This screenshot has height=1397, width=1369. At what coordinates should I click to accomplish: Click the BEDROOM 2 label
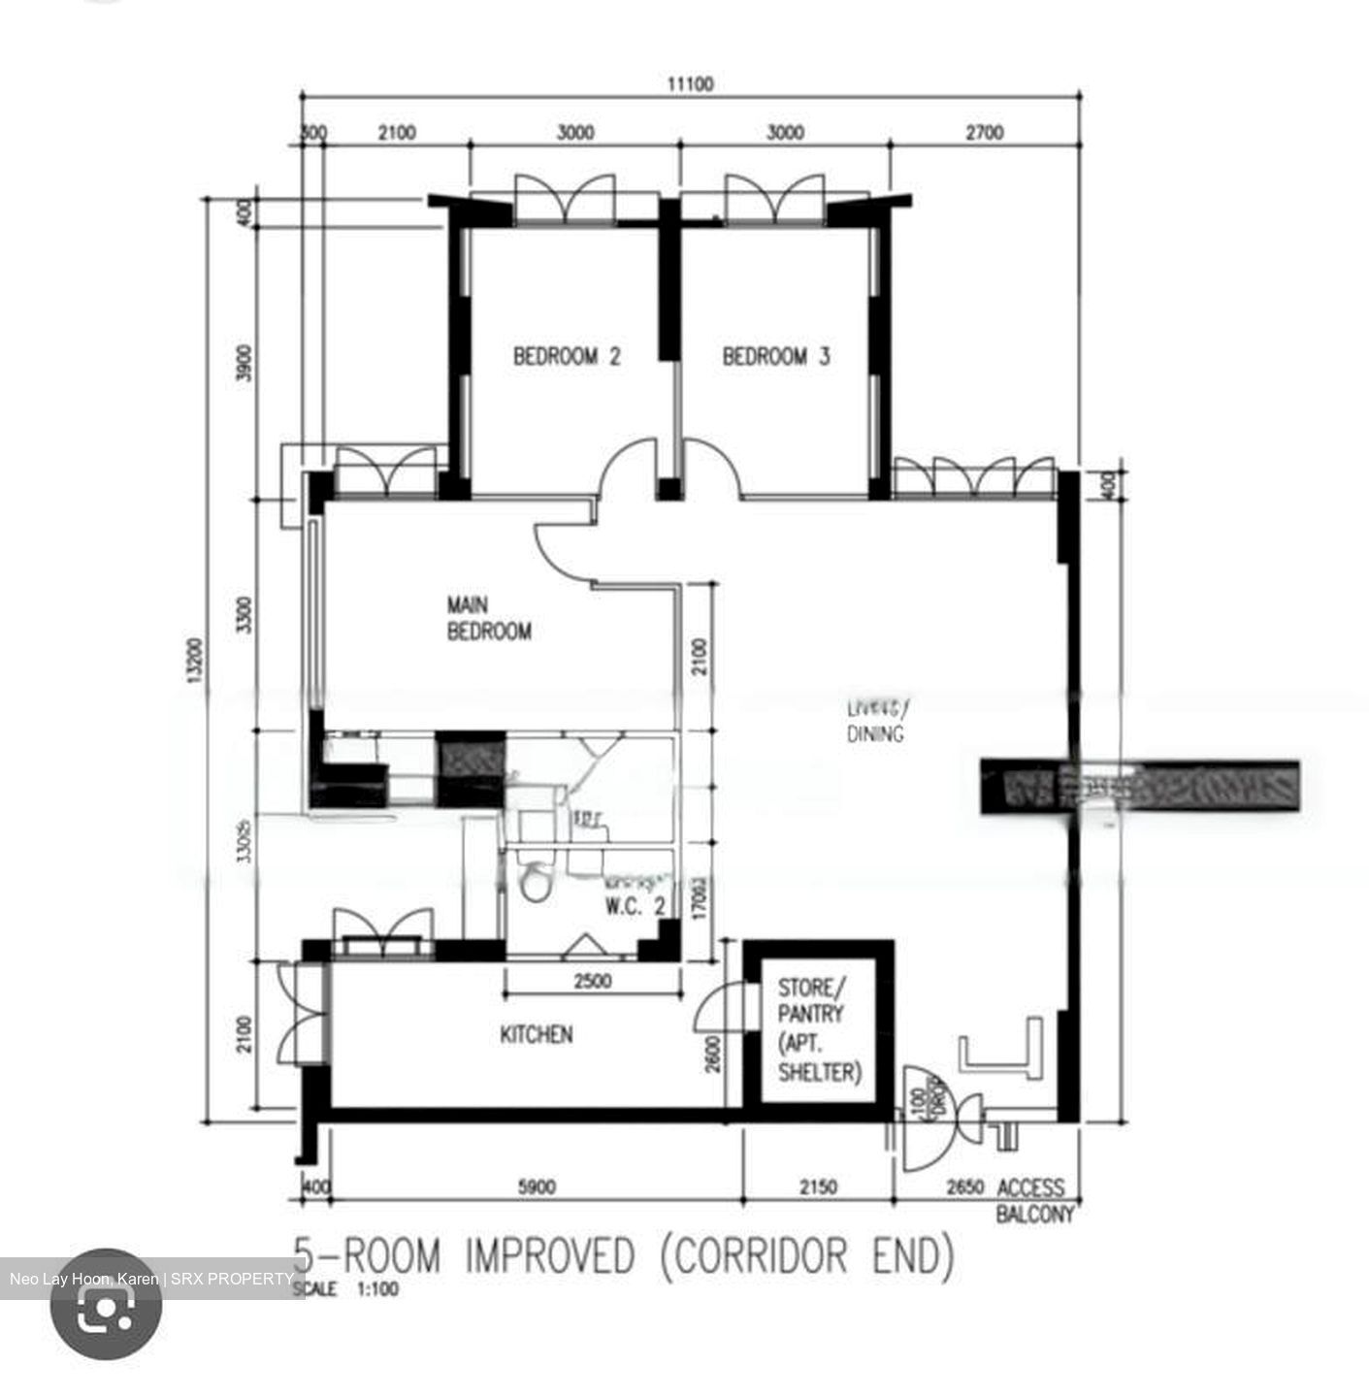(x=567, y=356)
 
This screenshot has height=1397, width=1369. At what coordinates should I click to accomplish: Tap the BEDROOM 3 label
(x=775, y=356)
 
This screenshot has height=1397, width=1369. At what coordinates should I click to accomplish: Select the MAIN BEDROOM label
(x=488, y=619)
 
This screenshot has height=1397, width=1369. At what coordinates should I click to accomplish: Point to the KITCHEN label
(x=536, y=1035)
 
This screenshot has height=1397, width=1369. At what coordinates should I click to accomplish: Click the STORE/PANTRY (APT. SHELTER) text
(x=818, y=1029)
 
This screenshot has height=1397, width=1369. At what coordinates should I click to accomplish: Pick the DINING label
(x=874, y=733)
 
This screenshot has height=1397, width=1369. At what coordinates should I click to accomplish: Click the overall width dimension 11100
(x=690, y=84)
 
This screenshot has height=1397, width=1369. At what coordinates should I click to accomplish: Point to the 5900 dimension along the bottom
(x=537, y=1186)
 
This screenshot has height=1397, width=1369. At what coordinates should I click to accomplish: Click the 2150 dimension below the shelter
(x=817, y=1186)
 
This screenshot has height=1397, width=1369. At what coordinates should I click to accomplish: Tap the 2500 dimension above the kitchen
(x=592, y=981)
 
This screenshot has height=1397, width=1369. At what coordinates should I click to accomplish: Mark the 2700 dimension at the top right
(x=984, y=133)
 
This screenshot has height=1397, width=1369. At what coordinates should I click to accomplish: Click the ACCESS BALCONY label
(x=1032, y=1200)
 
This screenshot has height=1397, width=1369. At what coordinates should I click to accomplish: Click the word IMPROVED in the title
(x=549, y=1256)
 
